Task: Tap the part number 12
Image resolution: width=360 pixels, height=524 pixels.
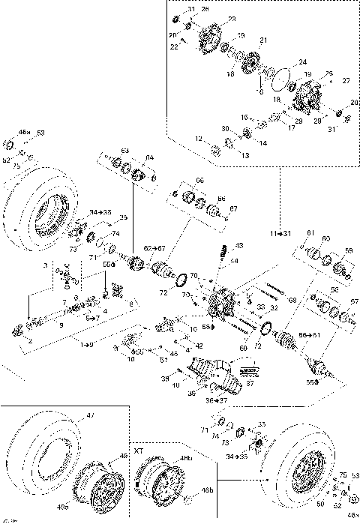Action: click(x=199, y=139)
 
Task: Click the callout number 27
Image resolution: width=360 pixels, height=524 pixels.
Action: click(x=346, y=79)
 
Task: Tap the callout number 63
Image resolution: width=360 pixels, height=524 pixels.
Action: click(x=125, y=151)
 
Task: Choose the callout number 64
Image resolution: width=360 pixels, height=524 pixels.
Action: click(x=149, y=157)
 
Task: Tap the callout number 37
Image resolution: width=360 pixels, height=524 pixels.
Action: click(x=250, y=382)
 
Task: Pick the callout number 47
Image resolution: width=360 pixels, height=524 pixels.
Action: click(x=93, y=415)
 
